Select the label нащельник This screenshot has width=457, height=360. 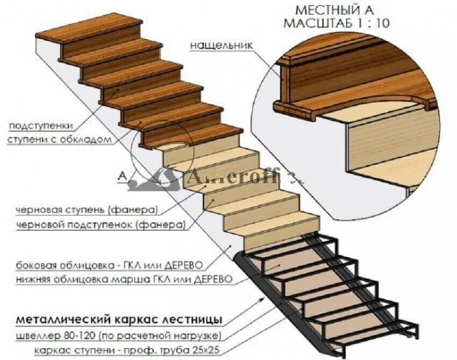tap(221, 46)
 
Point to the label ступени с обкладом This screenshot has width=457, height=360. tap(60, 140)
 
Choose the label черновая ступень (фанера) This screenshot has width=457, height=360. tap(87, 210)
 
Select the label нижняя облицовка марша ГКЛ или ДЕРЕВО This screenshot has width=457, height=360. tap(124, 280)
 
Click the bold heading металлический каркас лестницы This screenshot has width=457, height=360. tap(118, 320)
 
